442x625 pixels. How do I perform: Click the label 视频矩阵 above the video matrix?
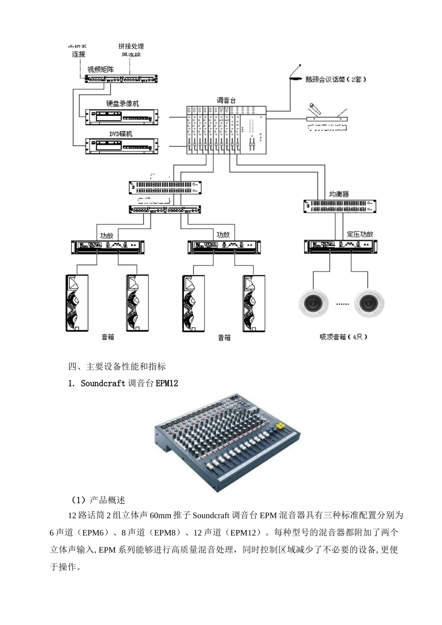[x=100, y=70]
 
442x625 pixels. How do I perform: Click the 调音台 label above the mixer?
[x=227, y=100]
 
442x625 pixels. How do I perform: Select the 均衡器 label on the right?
[x=339, y=194]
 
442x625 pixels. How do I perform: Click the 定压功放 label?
[x=360, y=234]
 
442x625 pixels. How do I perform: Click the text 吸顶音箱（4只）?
[x=343, y=337]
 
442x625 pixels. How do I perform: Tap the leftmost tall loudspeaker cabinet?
[x=77, y=303]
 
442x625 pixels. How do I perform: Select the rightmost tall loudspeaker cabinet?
[x=254, y=303]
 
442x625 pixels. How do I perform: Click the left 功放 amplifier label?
[x=107, y=235]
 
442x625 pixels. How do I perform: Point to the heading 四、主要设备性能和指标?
[x=117, y=366]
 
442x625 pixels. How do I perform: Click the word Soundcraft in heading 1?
[x=103, y=383]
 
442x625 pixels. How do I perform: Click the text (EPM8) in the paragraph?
[x=166, y=532]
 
